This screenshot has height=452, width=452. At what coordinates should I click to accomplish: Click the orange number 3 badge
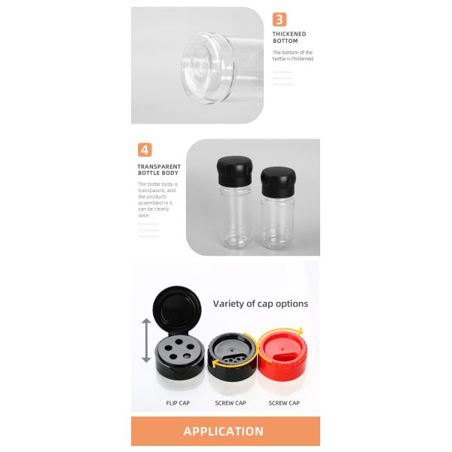tap(279, 20)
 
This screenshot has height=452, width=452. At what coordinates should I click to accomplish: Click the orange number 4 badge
tap(145, 150)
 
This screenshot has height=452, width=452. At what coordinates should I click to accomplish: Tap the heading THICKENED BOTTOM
tap(289, 38)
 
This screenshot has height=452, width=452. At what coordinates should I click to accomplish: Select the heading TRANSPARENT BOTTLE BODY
tap(159, 169)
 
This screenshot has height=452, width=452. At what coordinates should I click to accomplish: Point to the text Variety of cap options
tap(261, 304)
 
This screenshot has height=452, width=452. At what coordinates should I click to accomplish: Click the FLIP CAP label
tap(178, 403)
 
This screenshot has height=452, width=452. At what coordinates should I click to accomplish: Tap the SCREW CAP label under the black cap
tap(231, 403)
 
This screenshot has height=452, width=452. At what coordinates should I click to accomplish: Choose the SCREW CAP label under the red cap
tap(284, 403)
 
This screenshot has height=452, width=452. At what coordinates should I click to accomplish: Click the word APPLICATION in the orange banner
tap(224, 431)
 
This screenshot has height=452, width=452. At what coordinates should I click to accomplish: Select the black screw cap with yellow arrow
tap(232, 356)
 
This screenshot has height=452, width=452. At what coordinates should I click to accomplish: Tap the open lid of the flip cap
tap(177, 308)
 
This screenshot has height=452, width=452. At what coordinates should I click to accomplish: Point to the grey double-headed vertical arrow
tap(146, 341)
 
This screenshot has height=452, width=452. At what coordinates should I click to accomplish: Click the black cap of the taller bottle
tap(234, 171)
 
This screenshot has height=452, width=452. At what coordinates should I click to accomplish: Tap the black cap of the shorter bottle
tap(278, 182)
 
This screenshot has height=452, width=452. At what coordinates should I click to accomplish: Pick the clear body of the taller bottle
tap(235, 216)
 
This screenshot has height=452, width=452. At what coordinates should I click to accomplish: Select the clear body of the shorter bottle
tap(278, 222)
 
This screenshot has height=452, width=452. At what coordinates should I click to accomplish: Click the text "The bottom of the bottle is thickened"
tap(293, 55)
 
